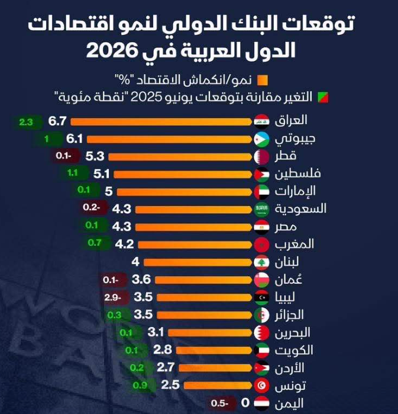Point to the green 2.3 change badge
[x=27, y=123]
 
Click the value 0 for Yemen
[x=245, y=403]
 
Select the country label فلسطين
[x=299, y=174]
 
